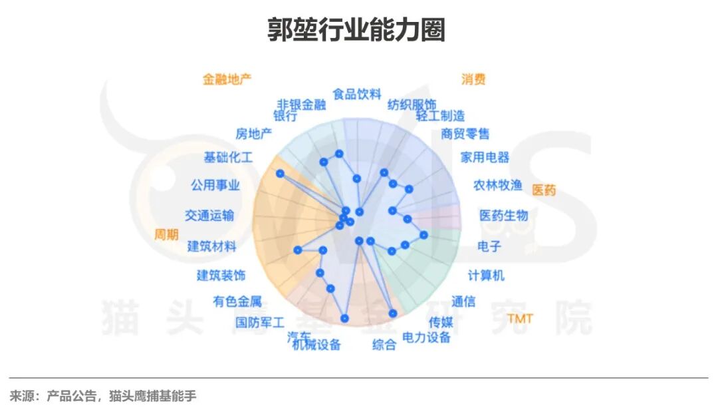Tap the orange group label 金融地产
click(x=227, y=79)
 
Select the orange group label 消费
click(x=473, y=79)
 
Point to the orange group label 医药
click(x=544, y=190)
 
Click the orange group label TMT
click(x=520, y=319)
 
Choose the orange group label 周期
click(x=166, y=235)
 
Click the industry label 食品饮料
click(x=357, y=94)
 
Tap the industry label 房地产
click(x=254, y=134)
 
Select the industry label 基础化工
click(x=228, y=158)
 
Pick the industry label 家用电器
click(x=485, y=158)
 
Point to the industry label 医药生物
click(x=504, y=216)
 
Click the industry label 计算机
click(x=486, y=276)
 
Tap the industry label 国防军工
click(x=260, y=323)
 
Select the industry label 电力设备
click(x=427, y=337)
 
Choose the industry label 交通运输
click(x=209, y=216)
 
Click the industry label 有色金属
click(x=237, y=302)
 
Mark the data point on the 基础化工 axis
click(x=280, y=173)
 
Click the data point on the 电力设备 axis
click(x=393, y=313)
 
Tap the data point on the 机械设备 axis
click(x=344, y=318)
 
